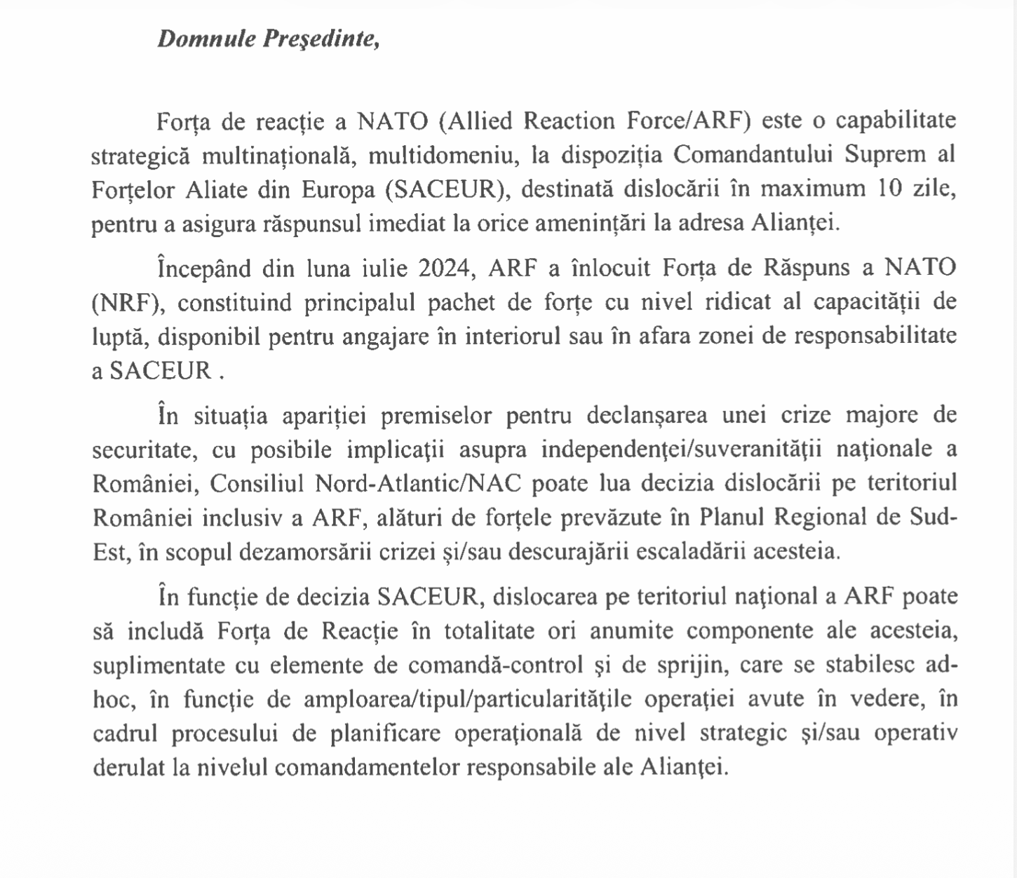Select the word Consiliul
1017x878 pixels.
[x=257, y=484]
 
